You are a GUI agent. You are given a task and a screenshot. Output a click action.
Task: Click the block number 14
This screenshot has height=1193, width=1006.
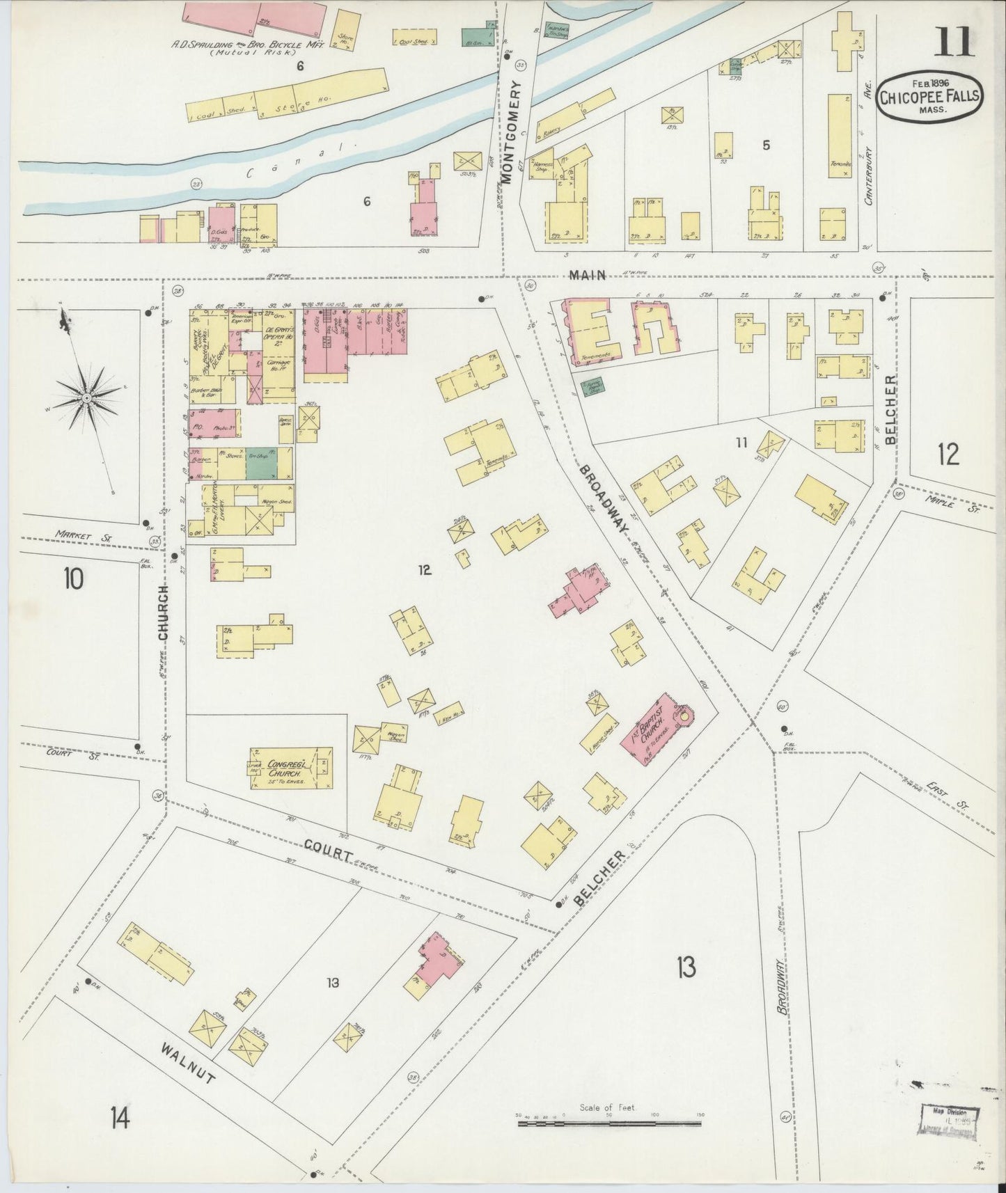point(118,1119)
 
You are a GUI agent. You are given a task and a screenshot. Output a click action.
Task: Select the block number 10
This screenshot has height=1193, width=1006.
point(73,578)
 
